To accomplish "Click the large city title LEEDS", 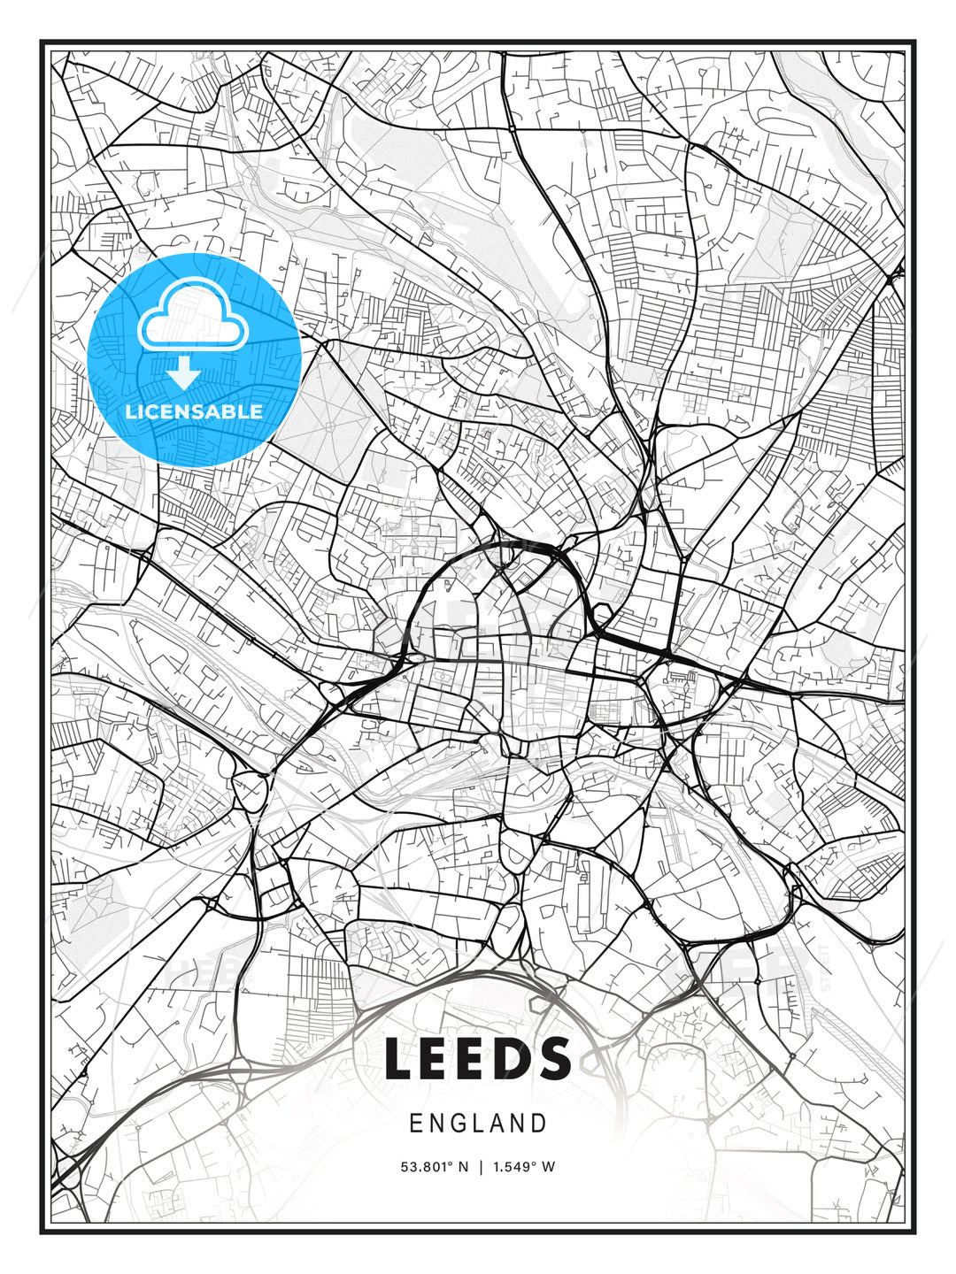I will (x=478, y=1058).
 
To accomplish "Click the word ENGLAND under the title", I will (x=478, y=1124).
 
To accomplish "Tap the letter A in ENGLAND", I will (x=498, y=1124).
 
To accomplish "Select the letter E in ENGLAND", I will (x=415, y=1124).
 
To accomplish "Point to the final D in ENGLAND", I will (x=539, y=1124).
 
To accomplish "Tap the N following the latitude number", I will (x=463, y=1167).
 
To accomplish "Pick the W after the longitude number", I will (x=549, y=1167).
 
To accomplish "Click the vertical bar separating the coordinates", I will (x=481, y=1167).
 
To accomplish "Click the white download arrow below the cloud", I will (x=184, y=374).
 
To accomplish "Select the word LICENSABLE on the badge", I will (x=194, y=411).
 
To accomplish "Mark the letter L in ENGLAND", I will (x=479, y=1124).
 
